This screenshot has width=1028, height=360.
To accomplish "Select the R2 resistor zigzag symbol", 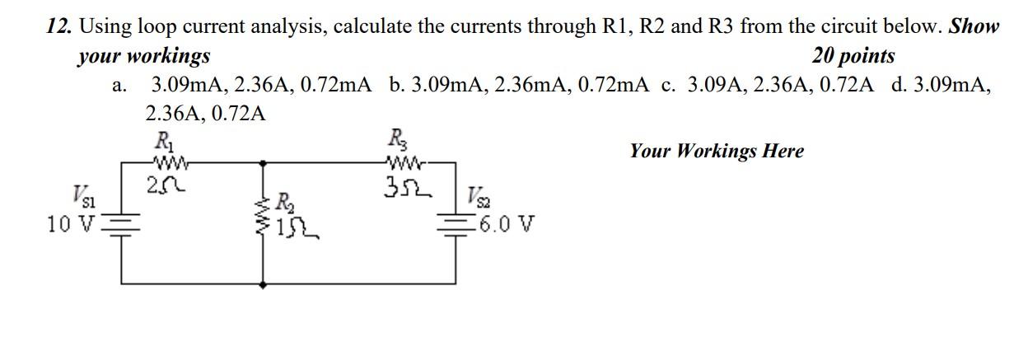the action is point(264,213).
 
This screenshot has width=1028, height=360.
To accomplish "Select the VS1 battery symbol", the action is point(123,223).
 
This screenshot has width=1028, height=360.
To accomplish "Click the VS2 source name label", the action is point(479,199).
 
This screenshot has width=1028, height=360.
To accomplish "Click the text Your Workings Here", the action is point(716,151).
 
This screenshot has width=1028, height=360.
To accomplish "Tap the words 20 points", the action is point(853,56).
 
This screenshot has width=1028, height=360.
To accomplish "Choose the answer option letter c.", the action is point(668,84).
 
